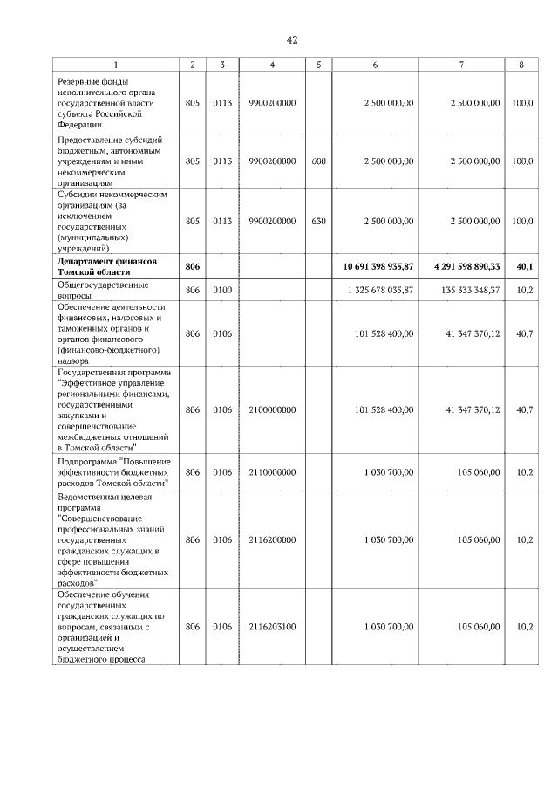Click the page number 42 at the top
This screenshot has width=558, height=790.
291,39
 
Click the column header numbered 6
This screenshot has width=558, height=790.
375,65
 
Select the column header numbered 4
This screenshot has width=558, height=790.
272,65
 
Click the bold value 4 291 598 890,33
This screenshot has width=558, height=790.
459,265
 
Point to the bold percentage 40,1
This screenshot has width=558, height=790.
523,265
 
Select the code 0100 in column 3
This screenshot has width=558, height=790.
222,290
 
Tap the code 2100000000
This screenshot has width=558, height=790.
272,409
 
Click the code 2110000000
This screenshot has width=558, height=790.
272,472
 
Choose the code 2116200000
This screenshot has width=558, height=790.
272,540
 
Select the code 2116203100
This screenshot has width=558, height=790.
272,627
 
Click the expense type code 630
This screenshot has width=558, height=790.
318,222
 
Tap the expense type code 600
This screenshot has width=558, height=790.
318,161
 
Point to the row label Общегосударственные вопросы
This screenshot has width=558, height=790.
103,290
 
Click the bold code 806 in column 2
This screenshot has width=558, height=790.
193,265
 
